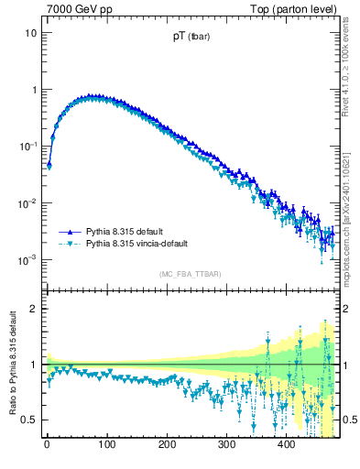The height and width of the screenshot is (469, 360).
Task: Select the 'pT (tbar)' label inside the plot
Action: (x=186, y=38)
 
